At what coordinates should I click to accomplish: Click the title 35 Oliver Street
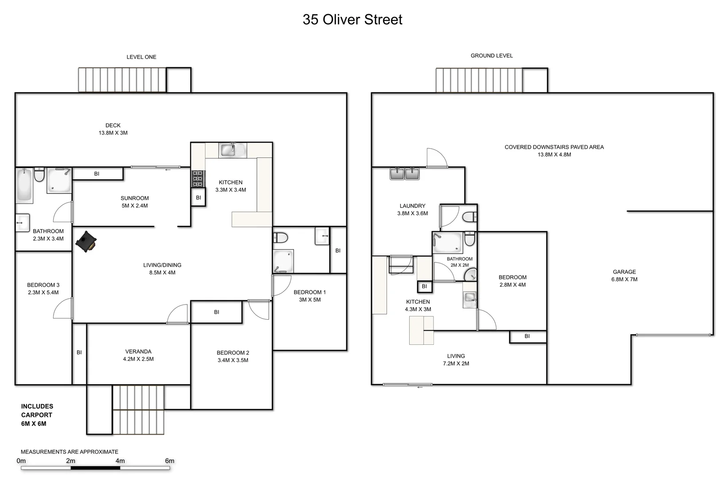click(x=352, y=20)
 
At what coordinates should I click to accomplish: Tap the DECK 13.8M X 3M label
click(x=113, y=129)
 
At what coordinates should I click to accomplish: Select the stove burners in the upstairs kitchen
click(x=197, y=178)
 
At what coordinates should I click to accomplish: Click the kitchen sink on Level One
click(x=229, y=150)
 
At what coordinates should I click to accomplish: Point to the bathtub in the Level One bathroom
click(x=24, y=185)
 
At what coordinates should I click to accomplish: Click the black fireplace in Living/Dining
click(x=86, y=242)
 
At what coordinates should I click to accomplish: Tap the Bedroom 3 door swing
click(x=62, y=308)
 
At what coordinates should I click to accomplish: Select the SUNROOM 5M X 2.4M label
click(x=135, y=202)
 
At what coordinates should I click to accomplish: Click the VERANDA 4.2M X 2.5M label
click(x=138, y=355)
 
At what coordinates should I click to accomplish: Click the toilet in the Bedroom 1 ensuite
click(x=281, y=238)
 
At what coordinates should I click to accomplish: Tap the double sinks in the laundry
click(x=405, y=173)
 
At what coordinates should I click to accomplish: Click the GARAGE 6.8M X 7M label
click(x=624, y=276)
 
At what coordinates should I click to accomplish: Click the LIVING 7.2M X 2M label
click(x=456, y=359)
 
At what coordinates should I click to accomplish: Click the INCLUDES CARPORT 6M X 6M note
click(x=37, y=415)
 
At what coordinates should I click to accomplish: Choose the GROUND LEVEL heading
click(x=492, y=56)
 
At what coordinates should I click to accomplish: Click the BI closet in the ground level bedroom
click(x=527, y=336)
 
